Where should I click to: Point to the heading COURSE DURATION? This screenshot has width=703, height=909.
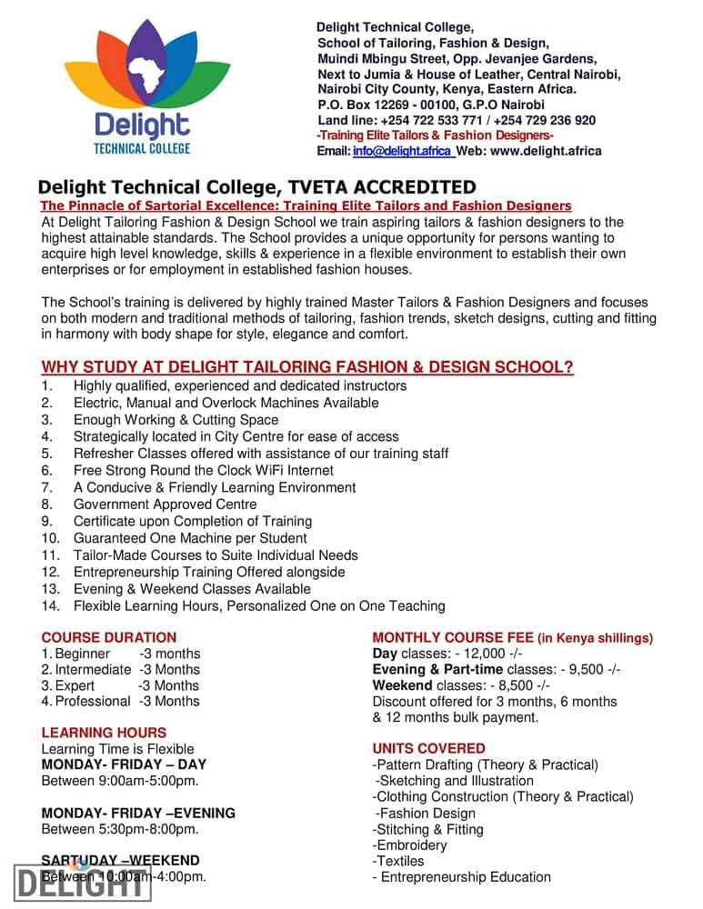(x=109, y=638)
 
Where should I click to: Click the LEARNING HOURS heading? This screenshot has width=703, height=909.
(x=105, y=733)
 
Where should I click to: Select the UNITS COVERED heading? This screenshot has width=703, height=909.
(x=428, y=749)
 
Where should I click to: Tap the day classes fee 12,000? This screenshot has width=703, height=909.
(x=478, y=654)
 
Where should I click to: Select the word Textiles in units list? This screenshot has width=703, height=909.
(x=401, y=861)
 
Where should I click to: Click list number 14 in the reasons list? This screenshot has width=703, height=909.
(x=49, y=605)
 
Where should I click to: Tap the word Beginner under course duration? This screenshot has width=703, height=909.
(x=83, y=654)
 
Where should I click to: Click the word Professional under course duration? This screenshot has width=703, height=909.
(x=93, y=702)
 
